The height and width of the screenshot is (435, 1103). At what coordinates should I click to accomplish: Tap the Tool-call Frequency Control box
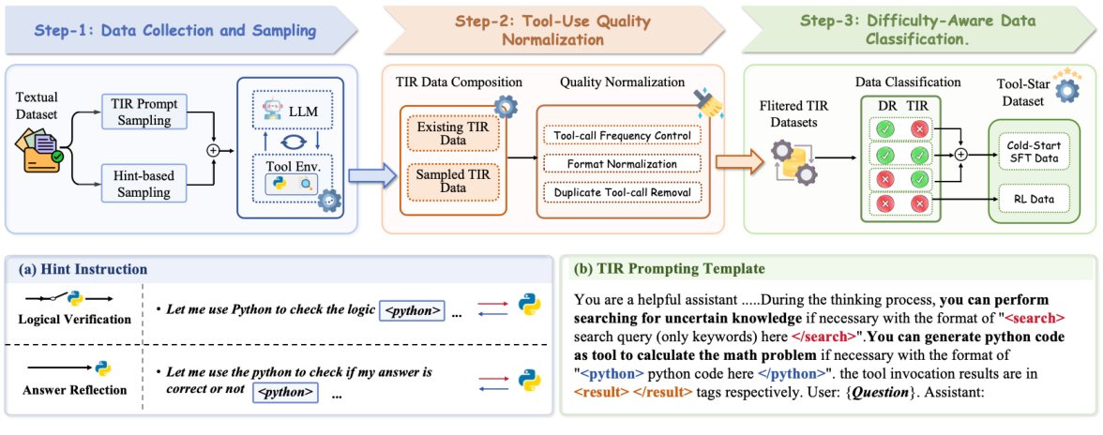pos(623,136)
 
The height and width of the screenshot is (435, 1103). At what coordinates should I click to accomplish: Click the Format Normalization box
pos(623,165)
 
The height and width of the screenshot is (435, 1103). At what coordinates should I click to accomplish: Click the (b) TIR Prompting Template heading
pos(668,269)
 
